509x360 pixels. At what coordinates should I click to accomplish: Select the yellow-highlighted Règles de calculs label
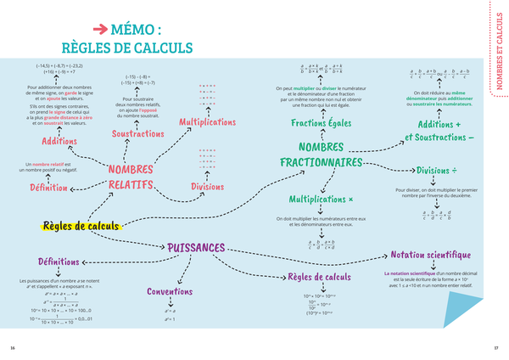(81, 226)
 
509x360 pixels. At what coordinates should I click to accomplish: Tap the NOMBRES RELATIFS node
(130, 177)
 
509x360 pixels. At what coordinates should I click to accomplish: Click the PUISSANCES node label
(196, 247)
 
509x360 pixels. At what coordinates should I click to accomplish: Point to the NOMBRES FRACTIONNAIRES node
(321, 155)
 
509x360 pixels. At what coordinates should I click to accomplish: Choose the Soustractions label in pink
(137, 134)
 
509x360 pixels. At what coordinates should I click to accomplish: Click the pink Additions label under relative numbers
(59, 141)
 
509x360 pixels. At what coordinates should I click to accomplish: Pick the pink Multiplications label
(207, 122)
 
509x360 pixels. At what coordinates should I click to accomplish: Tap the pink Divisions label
(207, 186)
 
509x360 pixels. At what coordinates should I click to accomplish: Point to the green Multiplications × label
(320, 200)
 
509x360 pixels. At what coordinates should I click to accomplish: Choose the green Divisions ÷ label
(436, 169)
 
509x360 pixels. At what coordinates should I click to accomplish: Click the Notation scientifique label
(430, 254)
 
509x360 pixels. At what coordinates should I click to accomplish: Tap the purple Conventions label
(170, 291)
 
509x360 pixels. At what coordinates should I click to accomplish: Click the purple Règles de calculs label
(319, 277)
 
